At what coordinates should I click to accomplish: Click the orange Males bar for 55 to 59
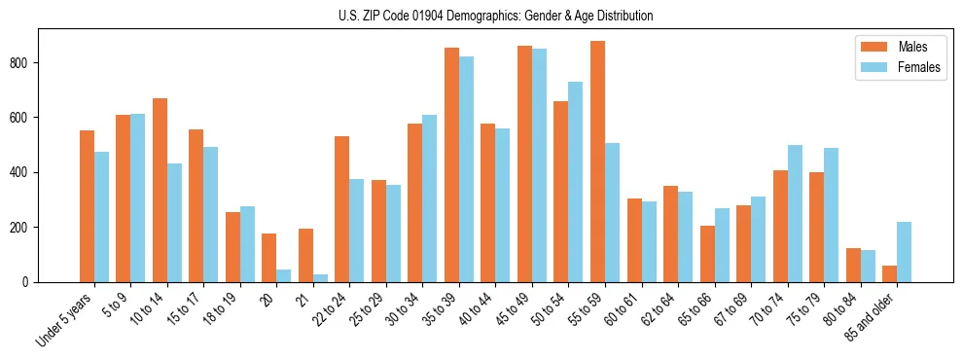pos(597,162)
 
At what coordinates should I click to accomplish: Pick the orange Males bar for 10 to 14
pos(160,190)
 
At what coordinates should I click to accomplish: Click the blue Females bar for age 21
pos(320,278)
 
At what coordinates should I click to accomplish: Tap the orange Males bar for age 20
pos(269,258)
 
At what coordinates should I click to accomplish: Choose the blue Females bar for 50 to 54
pos(576,182)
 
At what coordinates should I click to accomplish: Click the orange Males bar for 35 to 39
pos(451,164)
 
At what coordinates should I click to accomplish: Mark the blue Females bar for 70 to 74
pos(795,213)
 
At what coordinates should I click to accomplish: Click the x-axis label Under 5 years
pos(66,319)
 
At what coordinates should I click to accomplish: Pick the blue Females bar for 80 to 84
pos(868,266)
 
